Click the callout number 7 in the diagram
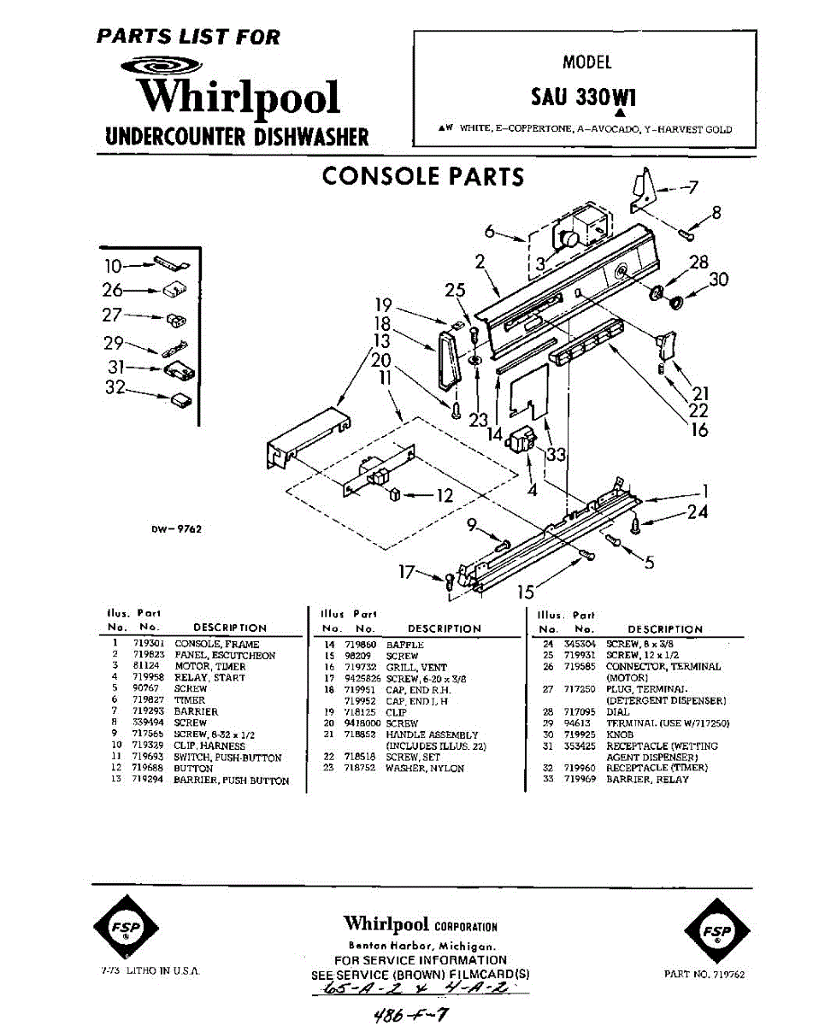coord(693,187)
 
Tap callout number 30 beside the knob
coord(718,279)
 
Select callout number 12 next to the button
coord(445,495)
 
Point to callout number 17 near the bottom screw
coord(409,571)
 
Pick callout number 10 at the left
coord(114,264)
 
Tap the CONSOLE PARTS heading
coord(422,176)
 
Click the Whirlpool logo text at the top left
coord(239,97)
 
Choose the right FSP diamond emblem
coord(716,931)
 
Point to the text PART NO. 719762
coord(704,974)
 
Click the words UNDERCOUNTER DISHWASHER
coord(237,136)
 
